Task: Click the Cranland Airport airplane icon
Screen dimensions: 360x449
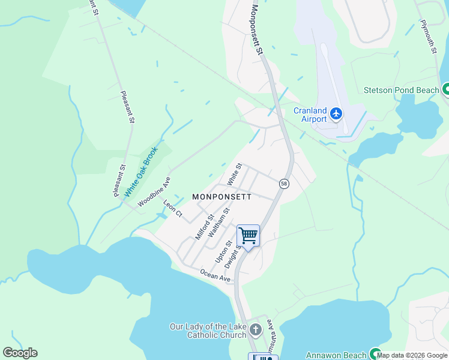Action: (x=336, y=113)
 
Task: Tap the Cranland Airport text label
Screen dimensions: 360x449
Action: (x=310, y=115)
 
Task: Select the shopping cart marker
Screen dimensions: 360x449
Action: (x=248, y=236)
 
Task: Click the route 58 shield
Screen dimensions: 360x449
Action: (x=284, y=184)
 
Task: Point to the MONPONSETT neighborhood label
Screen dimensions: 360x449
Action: (x=221, y=196)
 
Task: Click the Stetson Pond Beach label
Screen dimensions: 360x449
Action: (x=402, y=91)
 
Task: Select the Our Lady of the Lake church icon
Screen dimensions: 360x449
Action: (x=256, y=330)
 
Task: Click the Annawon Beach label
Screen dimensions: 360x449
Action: (x=336, y=355)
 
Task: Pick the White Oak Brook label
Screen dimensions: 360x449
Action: (x=140, y=172)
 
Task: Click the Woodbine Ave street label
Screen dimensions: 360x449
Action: (x=154, y=192)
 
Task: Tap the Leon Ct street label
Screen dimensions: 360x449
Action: (x=172, y=209)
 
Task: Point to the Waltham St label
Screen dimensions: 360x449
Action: (x=218, y=223)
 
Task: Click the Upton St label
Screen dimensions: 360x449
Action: (x=223, y=251)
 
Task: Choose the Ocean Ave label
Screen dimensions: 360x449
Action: (x=215, y=275)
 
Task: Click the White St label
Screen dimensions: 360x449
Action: (x=234, y=174)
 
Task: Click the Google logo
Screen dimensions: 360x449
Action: (x=20, y=353)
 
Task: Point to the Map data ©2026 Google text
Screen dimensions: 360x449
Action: (x=412, y=355)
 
